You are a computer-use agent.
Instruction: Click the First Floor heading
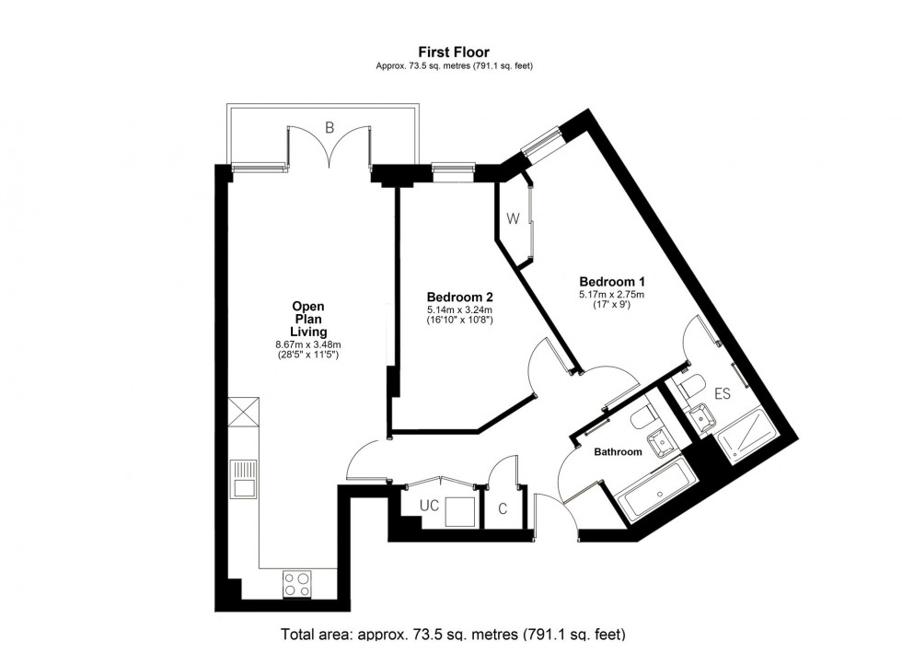[x=454, y=52]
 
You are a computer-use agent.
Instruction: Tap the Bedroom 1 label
[x=611, y=282]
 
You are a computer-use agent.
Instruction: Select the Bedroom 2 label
[x=459, y=297]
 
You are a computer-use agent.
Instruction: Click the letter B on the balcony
[x=330, y=127]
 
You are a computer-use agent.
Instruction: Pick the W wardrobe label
[x=514, y=219]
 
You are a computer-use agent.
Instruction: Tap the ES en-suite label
[x=722, y=394]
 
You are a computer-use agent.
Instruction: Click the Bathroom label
[x=618, y=452]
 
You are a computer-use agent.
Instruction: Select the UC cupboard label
[x=429, y=506]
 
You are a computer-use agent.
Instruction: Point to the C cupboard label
[x=503, y=509]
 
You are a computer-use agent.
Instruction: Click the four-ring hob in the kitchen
[x=296, y=583]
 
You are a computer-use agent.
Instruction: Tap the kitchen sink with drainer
[x=244, y=478]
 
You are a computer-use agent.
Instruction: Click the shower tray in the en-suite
[x=746, y=435]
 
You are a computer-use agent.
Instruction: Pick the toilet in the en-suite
[x=690, y=387]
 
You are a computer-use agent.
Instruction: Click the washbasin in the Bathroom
[x=662, y=444]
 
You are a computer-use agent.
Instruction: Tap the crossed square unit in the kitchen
[x=244, y=413]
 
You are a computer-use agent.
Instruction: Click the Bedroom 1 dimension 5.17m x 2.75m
[x=611, y=295]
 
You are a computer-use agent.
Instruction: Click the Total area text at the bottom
[x=453, y=635]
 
